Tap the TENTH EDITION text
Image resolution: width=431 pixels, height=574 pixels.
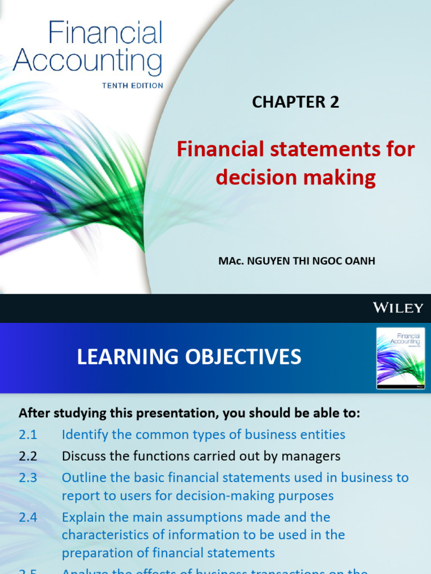coord(132,86)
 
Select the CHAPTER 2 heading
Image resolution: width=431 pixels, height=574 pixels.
coord(296,102)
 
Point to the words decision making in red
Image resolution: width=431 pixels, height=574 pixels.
coord(296,177)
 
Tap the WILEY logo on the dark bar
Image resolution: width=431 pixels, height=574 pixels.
coord(398,307)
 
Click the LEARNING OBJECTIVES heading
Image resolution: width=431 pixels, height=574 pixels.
coord(189,357)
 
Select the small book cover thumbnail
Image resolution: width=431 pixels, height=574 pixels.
coord(400,358)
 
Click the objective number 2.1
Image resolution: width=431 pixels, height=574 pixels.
coord(27,434)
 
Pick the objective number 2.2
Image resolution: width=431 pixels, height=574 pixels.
coord(27,456)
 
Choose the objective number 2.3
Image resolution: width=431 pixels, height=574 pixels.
coord(27,478)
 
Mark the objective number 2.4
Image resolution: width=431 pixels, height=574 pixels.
coord(27,517)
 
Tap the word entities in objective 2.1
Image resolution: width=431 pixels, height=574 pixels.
coord(323,434)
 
